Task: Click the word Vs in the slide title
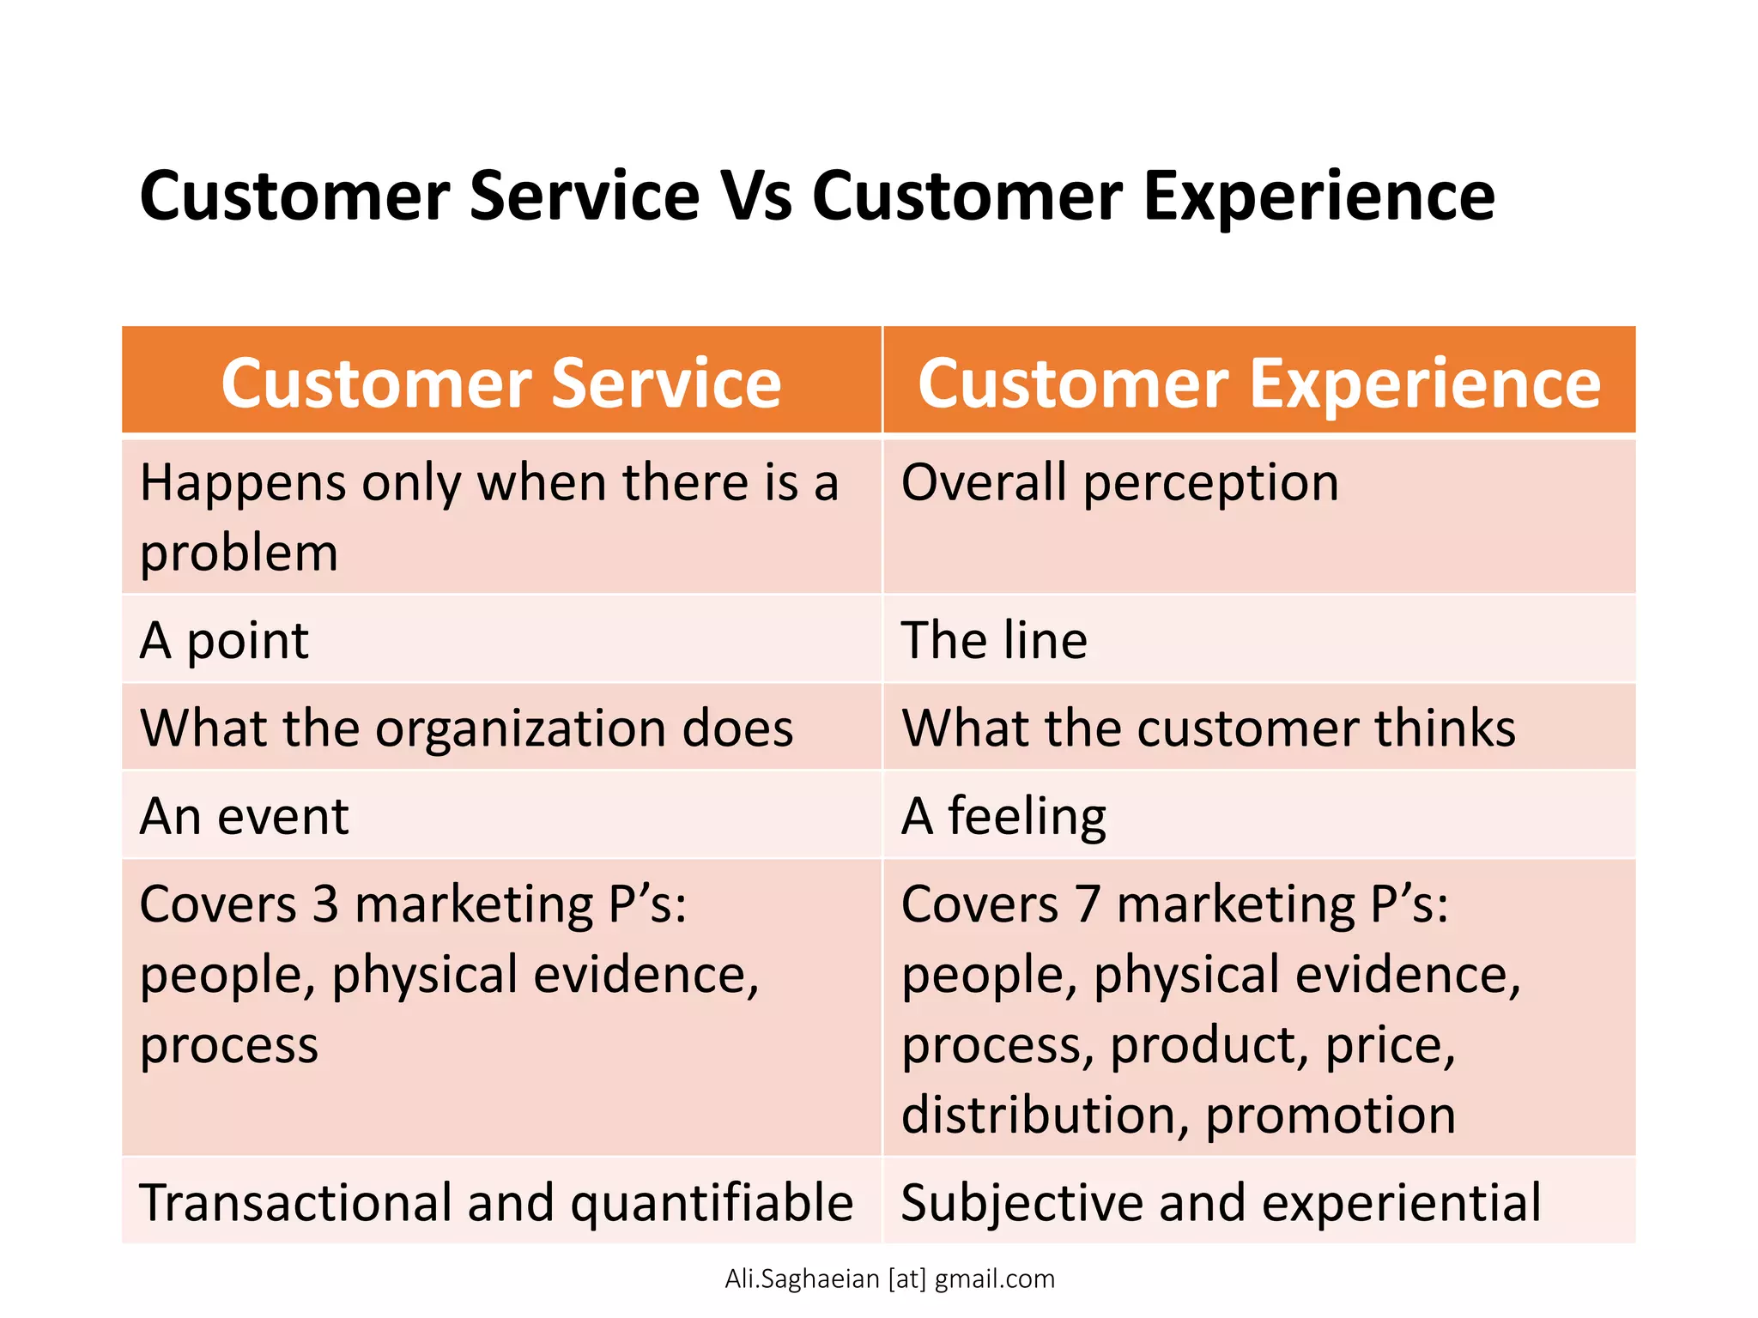[755, 196]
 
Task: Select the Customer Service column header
[501, 383]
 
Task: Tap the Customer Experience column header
[1258, 383]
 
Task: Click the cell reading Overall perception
[1119, 483]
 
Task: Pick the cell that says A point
[224, 641]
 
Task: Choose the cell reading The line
[994, 641]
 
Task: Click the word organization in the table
[519, 729]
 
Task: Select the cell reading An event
[244, 817]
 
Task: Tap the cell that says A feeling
[1003, 817]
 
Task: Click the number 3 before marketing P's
[325, 905]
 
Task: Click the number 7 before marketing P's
[1088, 905]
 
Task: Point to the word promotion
[1330, 1115]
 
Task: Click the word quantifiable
[712, 1203]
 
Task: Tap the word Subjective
[1021, 1203]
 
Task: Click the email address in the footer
[889, 1279]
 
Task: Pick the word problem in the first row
[239, 553]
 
